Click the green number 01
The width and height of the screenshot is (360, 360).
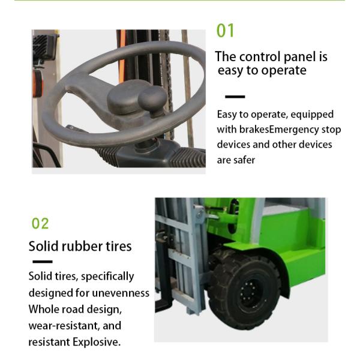pos(225,31)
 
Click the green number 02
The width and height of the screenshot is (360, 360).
pos(40,223)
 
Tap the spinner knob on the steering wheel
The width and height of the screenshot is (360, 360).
pos(152,100)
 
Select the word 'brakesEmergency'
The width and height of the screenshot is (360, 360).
pos(279,130)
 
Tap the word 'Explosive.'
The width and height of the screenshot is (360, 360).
pos(97,342)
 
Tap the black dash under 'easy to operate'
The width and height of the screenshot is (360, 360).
pos(235,97)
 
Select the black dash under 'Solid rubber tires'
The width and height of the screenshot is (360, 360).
pos(43,262)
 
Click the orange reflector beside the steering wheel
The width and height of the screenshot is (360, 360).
pos(38,83)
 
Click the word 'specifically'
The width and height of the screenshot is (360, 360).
pos(107,277)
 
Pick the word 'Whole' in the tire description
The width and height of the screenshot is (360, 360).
pos(43,309)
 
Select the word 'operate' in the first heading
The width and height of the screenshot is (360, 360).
pos(284,71)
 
